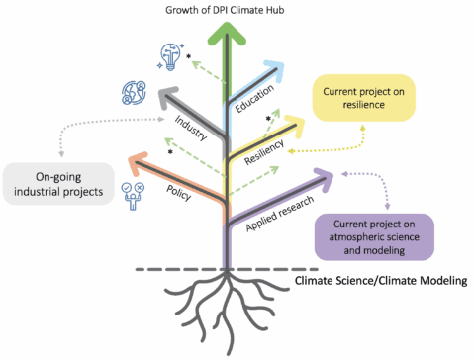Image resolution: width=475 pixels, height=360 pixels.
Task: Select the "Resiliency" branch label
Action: coord(264,152)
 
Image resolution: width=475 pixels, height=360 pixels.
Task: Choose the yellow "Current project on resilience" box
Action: coord(363,98)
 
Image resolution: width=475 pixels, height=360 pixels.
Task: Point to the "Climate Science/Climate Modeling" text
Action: coord(382,281)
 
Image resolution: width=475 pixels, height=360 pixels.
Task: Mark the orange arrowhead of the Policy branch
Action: coord(136,158)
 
